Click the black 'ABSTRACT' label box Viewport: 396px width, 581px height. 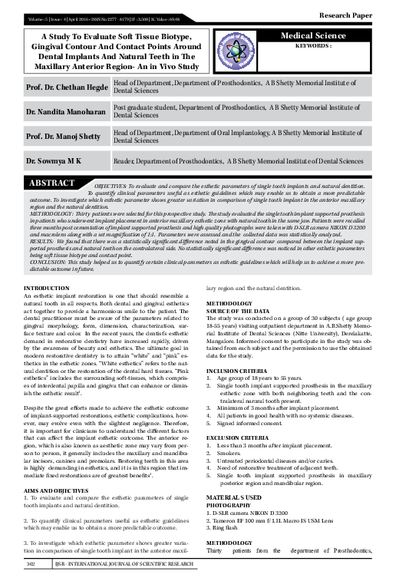coord(52,184)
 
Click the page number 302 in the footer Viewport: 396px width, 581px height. coord(31,565)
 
